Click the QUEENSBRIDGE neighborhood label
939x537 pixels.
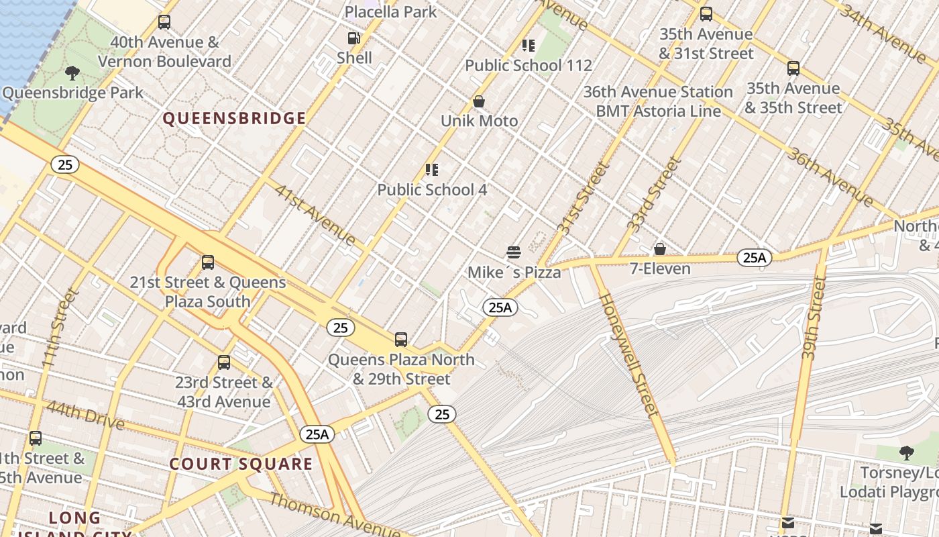click(234, 119)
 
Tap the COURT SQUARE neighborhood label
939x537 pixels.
click(241, 464)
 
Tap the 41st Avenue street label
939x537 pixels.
click(315, 214)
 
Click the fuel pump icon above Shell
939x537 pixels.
click(353, 39)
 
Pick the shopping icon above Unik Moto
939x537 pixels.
click(479, 101)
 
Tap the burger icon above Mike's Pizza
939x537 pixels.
click(514, 252)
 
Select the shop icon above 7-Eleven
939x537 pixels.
click(660, 249)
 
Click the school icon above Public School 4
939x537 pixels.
click(432, 170)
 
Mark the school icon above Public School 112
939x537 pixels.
click(529, 46)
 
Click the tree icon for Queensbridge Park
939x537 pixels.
click(72, 72)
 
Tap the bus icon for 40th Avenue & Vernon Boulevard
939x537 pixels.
click(164, 22)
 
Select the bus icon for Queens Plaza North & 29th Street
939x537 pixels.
click(401, 340)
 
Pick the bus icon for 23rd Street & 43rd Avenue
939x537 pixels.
click(224, 362)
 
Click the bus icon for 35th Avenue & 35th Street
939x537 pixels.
click(793, 68)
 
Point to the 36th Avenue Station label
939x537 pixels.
click(658, 92)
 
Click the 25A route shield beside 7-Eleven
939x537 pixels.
click(755, 257)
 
